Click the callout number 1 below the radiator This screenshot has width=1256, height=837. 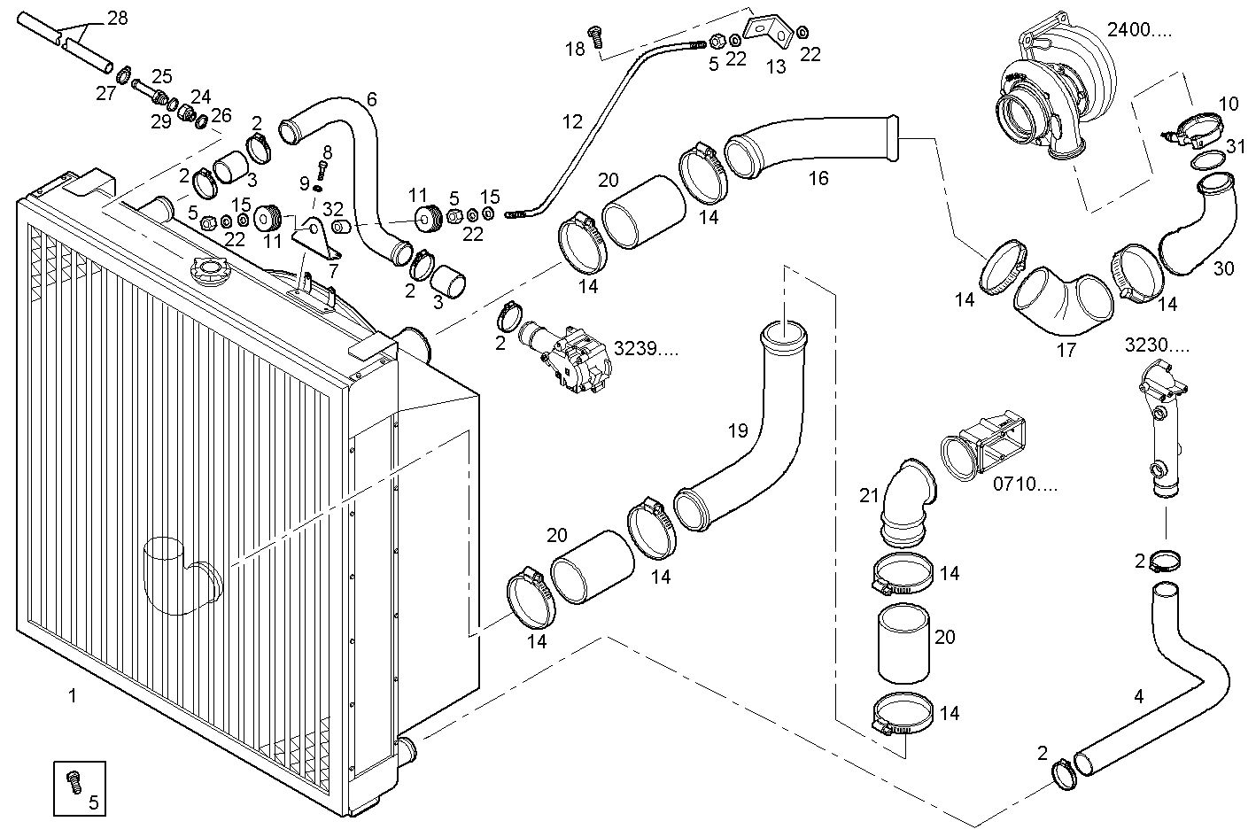tap(73, 696)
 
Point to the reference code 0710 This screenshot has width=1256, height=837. tap(1025, 484)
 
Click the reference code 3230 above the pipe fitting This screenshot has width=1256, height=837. tap(1157, 344)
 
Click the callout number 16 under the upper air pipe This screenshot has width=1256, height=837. tap(818, 178)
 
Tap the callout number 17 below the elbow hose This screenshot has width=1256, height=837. tap(1066, 350)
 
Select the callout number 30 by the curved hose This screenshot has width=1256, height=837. tap(1223, 268)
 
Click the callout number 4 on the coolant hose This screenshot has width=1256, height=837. tap(1138, 696)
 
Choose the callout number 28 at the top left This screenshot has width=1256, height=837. tap(117, 18)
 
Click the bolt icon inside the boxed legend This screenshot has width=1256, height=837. tap(74, 781)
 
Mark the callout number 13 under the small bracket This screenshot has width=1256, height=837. tap(775, 67)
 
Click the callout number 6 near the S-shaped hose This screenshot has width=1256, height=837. tap(371, 99)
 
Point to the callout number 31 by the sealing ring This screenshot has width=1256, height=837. tap(1235, 145)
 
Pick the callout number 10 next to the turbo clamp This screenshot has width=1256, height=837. tap(1228, 104)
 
